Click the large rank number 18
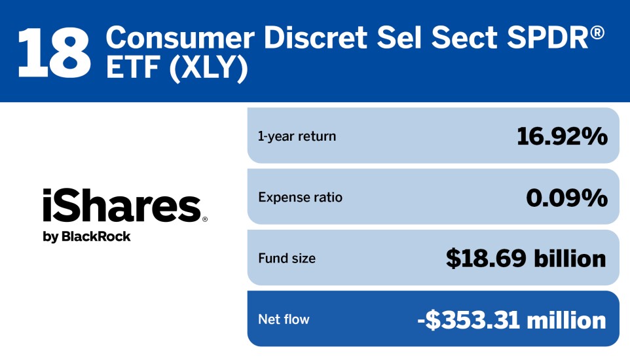pos(54,51)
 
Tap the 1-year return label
pos(297,136)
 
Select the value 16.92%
pos(562,136)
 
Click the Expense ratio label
pos(300,197)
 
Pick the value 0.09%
pos(566,197)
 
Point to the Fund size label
pos(287,259)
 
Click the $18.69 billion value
pos(526,259)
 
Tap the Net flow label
pos(284,319)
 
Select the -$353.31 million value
pos(511,319)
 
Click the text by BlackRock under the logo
pos(86,236)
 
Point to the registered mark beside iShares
pos(204,220)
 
